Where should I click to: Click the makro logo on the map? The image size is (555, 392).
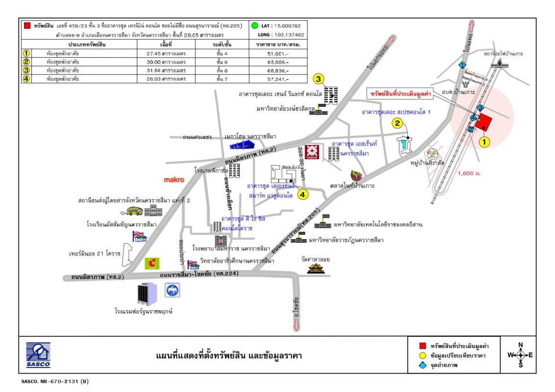coord(174,180)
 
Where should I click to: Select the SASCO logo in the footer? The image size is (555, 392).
coord(38,355)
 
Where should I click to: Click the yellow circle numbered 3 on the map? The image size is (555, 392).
coord(318,79)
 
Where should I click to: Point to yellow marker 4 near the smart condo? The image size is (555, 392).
coord(303,195)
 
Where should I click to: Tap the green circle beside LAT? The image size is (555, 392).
coord(254,25)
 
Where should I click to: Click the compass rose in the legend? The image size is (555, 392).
coord(521,355)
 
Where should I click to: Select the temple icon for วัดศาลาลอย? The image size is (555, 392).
coord(316,268)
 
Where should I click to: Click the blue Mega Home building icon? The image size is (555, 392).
coord(243,144)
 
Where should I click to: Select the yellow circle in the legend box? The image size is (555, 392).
coord(423,355)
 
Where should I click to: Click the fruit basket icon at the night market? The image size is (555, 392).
coord(356,175)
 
